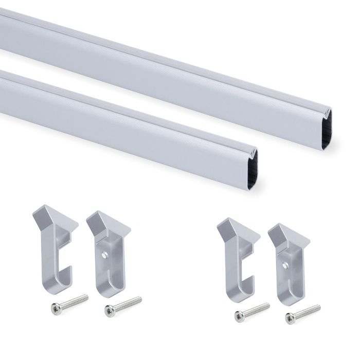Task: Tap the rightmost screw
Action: pos(303,312)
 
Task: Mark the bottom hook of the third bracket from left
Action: pos(241,291)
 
